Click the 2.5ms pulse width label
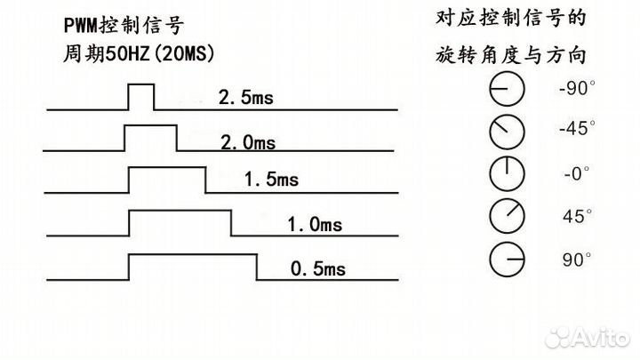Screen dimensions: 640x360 click(x=245, y=98)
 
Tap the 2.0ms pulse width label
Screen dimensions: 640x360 click(x=248, y=142)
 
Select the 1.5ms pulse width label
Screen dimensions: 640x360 click(x=271, y=180)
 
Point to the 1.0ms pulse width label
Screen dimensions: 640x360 click(x=315, y=224)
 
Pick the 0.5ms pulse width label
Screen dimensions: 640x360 click(x=318, y=268)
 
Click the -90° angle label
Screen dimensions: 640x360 click(x=577, y=88)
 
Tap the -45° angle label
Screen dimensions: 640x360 click(x=577, y=128)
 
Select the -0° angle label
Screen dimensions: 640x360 click(x=577, y=173)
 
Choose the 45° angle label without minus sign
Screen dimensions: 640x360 click(x=577, y=216)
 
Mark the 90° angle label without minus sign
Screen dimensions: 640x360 click(x=577, y=260)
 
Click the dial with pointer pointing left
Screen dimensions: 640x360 click(x=507, y=89)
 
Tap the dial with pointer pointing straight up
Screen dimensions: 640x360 click(x=507, y=173)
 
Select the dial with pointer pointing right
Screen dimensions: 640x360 click(x=507, y=260)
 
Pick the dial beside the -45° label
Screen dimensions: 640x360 click(x=507, y=132)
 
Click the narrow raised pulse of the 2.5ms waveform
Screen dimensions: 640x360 click(x=141, y=97)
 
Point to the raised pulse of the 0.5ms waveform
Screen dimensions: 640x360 click(x=193, y=267)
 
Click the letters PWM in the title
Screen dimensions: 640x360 click(x=81, y=26)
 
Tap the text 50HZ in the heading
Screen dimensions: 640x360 click(x=128, y=53)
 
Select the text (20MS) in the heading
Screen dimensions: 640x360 click(x=183, y=53)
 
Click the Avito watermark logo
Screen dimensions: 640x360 click(x=588, y=338)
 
